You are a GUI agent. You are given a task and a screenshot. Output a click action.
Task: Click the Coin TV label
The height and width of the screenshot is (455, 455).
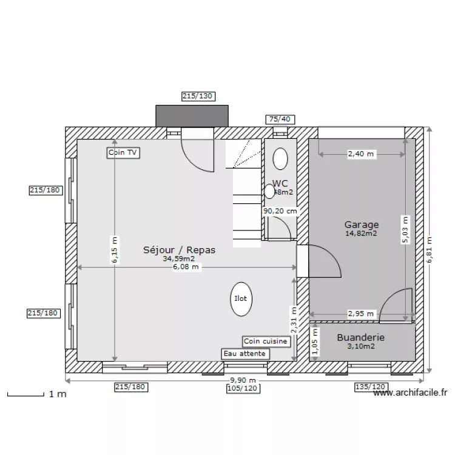(123, 153)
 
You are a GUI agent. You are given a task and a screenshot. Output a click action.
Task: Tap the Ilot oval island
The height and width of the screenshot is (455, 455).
(241, 299)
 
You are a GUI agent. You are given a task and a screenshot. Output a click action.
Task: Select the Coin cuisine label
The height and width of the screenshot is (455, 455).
(266, 342)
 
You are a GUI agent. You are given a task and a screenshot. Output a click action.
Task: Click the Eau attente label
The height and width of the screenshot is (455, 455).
(245, 353)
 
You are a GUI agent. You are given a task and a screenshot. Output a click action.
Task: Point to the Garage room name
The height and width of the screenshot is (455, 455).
(362, 224)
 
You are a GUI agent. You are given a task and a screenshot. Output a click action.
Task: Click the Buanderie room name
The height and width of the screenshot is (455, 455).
(361, 338)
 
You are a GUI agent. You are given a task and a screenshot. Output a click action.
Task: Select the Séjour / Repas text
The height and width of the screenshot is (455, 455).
(179, 249)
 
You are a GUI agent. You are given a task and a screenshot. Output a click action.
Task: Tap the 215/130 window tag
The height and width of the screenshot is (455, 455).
(198, 96)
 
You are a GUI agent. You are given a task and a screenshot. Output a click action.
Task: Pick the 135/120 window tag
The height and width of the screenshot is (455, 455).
(369, 386)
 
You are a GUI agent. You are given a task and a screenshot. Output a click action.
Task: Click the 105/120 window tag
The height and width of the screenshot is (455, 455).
(241, 388)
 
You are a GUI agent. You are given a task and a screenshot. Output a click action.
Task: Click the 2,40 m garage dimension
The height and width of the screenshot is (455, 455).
(361, 154)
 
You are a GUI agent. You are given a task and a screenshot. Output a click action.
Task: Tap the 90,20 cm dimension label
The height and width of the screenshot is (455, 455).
(280, 211)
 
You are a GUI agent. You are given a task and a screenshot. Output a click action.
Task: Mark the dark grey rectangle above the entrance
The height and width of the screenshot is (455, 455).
(192, 115)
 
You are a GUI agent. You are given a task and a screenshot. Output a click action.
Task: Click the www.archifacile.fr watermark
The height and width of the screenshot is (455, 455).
(410, 393)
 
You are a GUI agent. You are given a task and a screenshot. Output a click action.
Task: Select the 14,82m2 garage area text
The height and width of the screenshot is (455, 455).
(362, 233)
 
